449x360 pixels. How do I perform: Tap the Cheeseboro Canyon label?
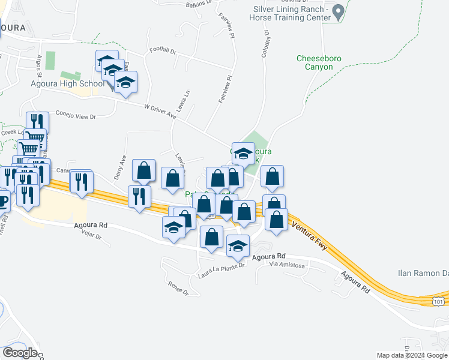pos(314,62)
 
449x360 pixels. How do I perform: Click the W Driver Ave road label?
pos(160,111)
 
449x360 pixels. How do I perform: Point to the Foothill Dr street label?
pos(163,52)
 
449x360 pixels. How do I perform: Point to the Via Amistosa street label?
pos(288,265)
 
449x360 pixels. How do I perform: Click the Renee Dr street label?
pos(178,289)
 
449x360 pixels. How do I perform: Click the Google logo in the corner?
pos(20,353)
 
